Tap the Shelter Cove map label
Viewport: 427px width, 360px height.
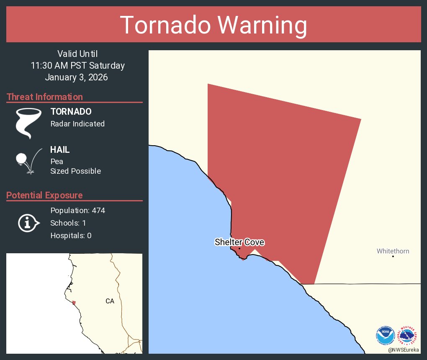[239, 242]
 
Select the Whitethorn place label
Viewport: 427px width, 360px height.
[393, 251]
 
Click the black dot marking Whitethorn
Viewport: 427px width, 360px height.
[393, 256]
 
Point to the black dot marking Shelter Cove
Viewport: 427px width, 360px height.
[239, 249]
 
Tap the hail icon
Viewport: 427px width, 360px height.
[28, 160]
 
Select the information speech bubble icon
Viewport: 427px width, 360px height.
[28, 223]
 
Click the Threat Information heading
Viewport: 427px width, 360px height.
[45, 97]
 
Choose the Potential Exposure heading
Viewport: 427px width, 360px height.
[45, 195]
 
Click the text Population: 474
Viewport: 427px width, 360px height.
[77, 210]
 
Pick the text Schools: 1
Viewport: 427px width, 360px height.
[68, 223]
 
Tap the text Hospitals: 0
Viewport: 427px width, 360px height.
[71, 236]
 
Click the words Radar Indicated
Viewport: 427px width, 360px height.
[77, 124]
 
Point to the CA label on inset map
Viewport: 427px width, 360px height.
[110, 301]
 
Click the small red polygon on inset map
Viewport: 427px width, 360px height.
[74, 303]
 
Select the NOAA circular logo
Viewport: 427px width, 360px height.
[385, 335]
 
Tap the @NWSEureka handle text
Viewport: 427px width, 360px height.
[404, 350]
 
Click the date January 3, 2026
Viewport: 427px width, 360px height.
[76, 77]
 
